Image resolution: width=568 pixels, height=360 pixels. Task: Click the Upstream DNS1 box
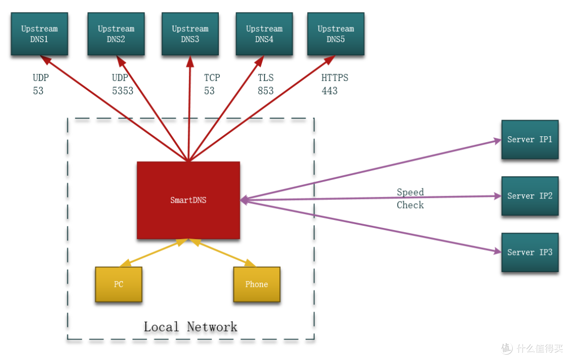pos(39,34)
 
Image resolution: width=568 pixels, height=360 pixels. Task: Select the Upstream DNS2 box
pos(116,34)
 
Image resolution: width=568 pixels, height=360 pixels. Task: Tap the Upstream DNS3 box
pos(190,34)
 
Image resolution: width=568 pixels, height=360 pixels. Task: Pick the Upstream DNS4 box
pos(264,34)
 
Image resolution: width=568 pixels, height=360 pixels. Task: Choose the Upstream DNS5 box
pos(336,34)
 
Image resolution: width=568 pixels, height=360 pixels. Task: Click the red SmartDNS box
pos(188,200)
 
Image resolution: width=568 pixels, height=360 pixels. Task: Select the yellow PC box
pos(118,284)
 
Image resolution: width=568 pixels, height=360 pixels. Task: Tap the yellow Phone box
pos(257,284)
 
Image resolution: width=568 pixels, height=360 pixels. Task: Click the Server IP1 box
pos(530,139)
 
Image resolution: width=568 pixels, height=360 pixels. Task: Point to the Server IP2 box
pos(530,196)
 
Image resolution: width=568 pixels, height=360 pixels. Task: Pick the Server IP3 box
pos(530,252)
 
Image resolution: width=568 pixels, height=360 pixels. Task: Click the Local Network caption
pos(190,327)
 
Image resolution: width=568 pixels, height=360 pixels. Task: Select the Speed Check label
pos(410,198)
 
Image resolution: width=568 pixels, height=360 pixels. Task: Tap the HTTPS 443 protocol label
pos(334,84)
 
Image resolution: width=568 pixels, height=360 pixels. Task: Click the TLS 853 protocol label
pos(266,84)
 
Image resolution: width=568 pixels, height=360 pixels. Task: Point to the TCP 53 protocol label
pos(212,84)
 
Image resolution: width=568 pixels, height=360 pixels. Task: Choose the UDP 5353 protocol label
pos(123,84)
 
